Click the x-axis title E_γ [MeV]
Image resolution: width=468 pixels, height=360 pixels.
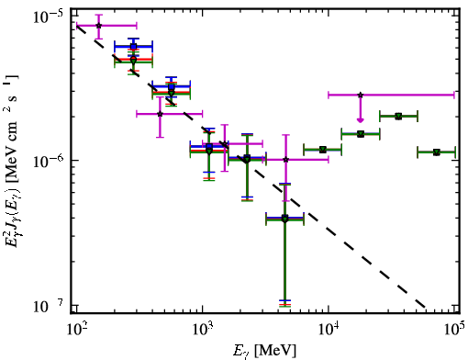[x=264, y=351]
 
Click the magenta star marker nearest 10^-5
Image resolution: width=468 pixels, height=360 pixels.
[x=98, y=26]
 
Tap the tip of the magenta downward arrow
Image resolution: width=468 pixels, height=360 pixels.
[x=361, y=122]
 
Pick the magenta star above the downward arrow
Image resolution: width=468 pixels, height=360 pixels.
[x=361, y=95]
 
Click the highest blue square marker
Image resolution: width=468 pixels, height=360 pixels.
[x=133, y=47]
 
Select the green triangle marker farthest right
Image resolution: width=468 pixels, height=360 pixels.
[x=437, y=152]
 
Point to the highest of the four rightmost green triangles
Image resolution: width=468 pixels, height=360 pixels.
[x=398, y=117]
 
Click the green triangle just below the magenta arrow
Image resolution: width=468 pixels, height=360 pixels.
[x=361, y=134]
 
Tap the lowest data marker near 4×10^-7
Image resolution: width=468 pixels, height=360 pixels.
[x=284, y=219]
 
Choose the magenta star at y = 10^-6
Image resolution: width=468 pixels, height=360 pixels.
[x=285, y=160]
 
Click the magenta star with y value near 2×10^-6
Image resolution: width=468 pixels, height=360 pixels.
[x=160, y=114]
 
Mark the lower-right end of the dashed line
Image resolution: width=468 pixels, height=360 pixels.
[x=425, y=307]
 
